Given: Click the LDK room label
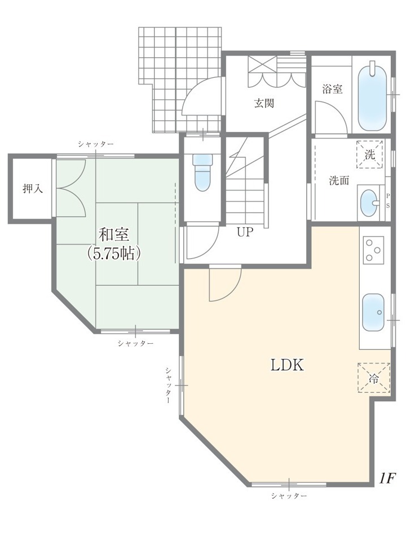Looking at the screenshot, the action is point(287,365).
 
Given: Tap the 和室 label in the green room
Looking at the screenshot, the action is point(113,235).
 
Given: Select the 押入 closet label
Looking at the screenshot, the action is point(33,189).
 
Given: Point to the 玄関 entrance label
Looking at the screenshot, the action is point(264,103).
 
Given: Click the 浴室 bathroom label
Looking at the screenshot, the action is point(332,89).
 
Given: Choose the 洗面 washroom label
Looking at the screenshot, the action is point(339,180).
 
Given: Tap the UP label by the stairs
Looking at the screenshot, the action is point(245,232).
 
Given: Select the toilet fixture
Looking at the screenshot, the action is point(202,172).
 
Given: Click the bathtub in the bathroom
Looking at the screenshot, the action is point(373,96).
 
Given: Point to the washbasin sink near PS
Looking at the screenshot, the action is point(369,203).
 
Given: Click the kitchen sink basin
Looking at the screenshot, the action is point(373,313).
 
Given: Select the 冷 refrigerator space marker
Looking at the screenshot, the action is point(374,378).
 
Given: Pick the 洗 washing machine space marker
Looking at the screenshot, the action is point(370,154).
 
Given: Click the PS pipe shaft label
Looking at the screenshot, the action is point(388,201).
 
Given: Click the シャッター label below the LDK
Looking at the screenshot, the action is point(289,496).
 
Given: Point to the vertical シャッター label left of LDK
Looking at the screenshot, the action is point(168,385).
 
